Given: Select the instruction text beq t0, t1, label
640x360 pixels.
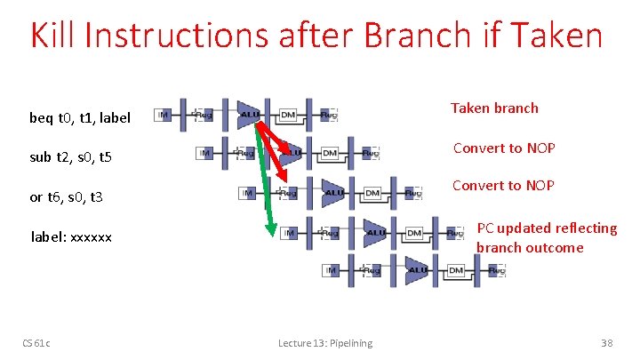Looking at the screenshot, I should click(80, 117).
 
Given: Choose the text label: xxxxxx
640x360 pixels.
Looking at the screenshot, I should click(71, 237).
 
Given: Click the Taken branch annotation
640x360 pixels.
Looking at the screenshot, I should click(494, 108).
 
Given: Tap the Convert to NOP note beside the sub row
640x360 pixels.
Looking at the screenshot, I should click(504, 148).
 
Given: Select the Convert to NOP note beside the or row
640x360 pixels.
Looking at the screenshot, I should click(503, 186).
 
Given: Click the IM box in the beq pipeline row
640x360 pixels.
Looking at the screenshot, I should click(164, 115).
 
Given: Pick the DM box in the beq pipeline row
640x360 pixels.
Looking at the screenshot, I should click(288, 115).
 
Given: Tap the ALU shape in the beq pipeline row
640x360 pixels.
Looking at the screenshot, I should click(250, 114).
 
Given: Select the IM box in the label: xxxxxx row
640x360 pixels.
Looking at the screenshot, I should click(289, 232).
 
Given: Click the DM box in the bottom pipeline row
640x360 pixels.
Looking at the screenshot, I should click(456, 270).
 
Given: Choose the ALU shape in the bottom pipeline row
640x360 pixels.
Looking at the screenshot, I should click(417, 270).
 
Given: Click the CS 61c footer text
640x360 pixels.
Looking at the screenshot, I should click(36, 343).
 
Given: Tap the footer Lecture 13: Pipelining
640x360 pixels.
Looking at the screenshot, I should click(324, 343).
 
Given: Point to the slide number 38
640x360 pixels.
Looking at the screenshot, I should click(607, 343).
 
